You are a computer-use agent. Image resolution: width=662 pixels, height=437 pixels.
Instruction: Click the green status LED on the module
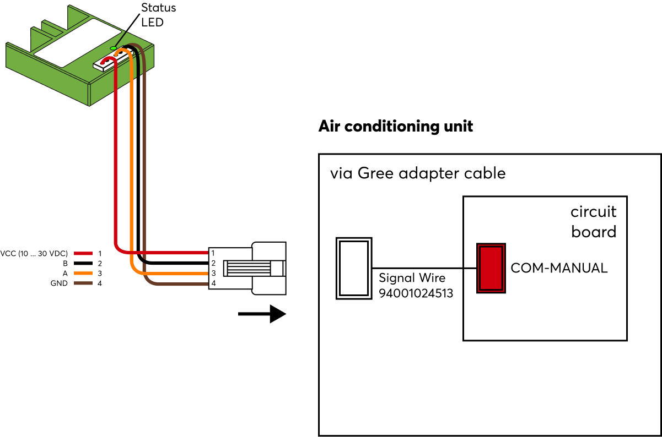(x=114, y=48)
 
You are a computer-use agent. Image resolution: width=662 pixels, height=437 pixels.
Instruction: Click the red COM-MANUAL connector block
(x=491, y=268)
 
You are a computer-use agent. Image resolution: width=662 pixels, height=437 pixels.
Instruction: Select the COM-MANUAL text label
(x=559, y=268)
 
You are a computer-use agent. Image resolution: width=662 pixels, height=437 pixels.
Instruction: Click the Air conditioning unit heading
(x=395, y=126)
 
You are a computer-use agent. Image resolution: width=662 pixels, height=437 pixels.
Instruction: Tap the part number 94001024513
(x=416, y=293)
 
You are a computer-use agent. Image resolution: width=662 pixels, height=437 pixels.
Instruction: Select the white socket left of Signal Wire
(x=354, y=268)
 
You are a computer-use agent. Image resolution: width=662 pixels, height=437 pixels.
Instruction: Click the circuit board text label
(x=593, y=222)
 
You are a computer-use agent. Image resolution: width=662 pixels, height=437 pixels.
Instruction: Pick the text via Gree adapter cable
(x=417, y=173)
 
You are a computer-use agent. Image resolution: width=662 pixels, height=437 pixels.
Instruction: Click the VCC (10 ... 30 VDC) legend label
(x=35, y=254)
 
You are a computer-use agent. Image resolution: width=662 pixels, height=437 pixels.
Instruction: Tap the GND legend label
(x=58, y=283)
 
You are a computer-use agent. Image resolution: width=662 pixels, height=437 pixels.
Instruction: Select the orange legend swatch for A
(x=83, y=274)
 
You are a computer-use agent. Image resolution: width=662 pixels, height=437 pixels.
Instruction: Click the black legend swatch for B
(x=83, y=264)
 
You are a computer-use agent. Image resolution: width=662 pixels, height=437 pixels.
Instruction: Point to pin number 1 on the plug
(x=212, y=253)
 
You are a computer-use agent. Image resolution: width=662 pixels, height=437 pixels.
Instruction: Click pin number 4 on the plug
(x=212, y=283)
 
